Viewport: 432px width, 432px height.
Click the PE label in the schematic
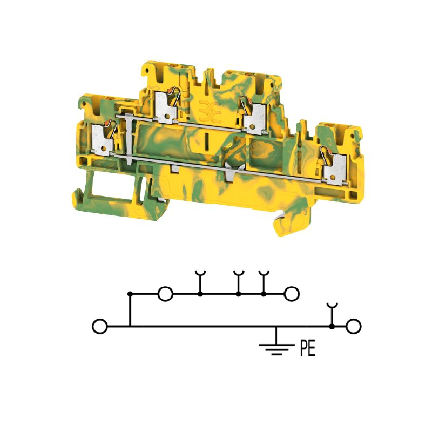click(x=307, y=348)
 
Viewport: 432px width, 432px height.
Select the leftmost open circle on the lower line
click(x=100, y=327)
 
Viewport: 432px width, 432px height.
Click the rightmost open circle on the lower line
click(x=354, y=327)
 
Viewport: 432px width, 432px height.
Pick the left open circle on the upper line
click(x=165, y=294)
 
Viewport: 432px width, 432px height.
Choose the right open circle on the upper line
click(x=292, y=294)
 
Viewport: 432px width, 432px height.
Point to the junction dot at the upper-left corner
click(x=130, y=294)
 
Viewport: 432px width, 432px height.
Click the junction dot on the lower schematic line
click(x=332, y=327)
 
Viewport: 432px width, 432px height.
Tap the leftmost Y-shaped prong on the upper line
click(x=200, y=281)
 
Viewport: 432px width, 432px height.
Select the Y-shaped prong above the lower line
click(x=332, y=314)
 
